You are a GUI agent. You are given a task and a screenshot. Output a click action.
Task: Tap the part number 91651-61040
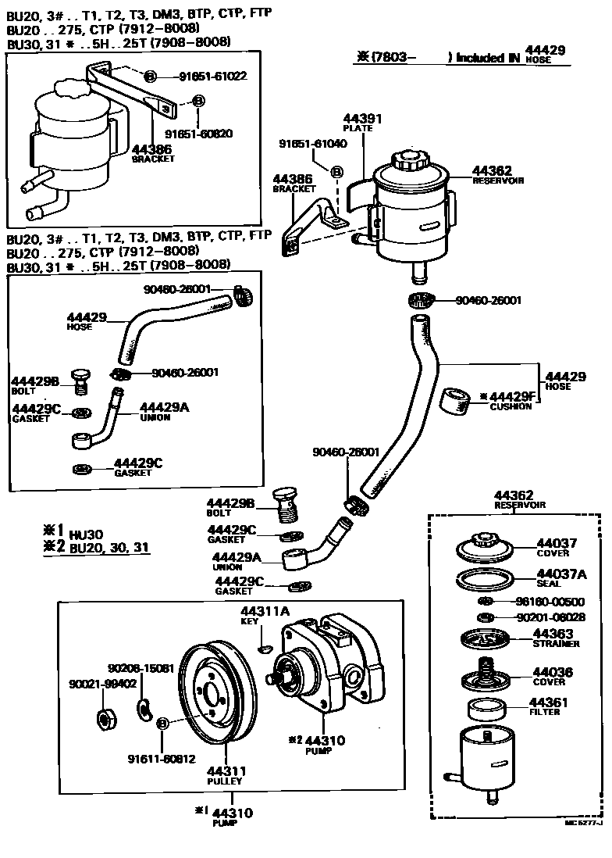[x=312, y=144]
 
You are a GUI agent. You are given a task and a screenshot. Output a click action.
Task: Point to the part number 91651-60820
[x=199, y=134]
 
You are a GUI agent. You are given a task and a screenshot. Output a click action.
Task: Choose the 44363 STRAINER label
[x=556, y=638]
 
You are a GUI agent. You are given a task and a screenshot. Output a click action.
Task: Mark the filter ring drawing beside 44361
[x=486, y=710]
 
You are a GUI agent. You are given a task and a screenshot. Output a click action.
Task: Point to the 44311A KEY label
[x=264, y=615]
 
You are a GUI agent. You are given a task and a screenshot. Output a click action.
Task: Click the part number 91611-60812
[x=161, y=758]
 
